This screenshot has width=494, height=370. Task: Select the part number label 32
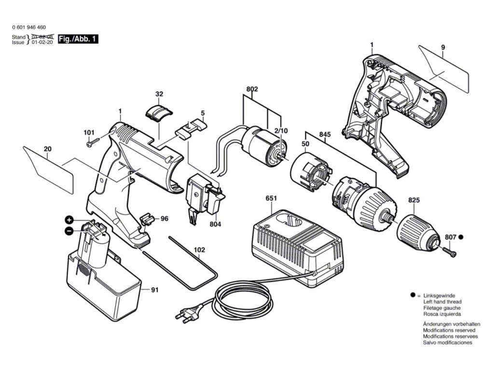pyautogui.click(x=159, y=94)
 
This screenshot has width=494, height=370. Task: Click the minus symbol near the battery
pyautogui.click(x=69, y=231)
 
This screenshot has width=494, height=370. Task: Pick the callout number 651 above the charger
pyautogui.click(x=272, y=198)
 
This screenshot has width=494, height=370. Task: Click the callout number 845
pyautogui.click(x=325, y=135)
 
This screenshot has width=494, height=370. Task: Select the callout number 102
pyautogui.click(x=199, y=250)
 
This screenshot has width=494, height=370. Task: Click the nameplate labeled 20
pyautogui.click(x=49, y=169)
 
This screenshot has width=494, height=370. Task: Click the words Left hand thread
pyautogui.click(x=442, y=302)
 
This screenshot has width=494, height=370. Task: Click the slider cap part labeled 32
pyautogui.click(x=159, y=111)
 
